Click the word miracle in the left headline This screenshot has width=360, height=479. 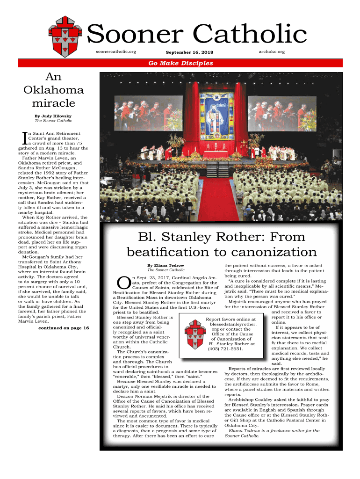[53, 102]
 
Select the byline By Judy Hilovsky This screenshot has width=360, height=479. [53, 115]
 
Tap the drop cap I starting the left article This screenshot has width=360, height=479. [25, 138]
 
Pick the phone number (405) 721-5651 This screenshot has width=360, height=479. [226, 349]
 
